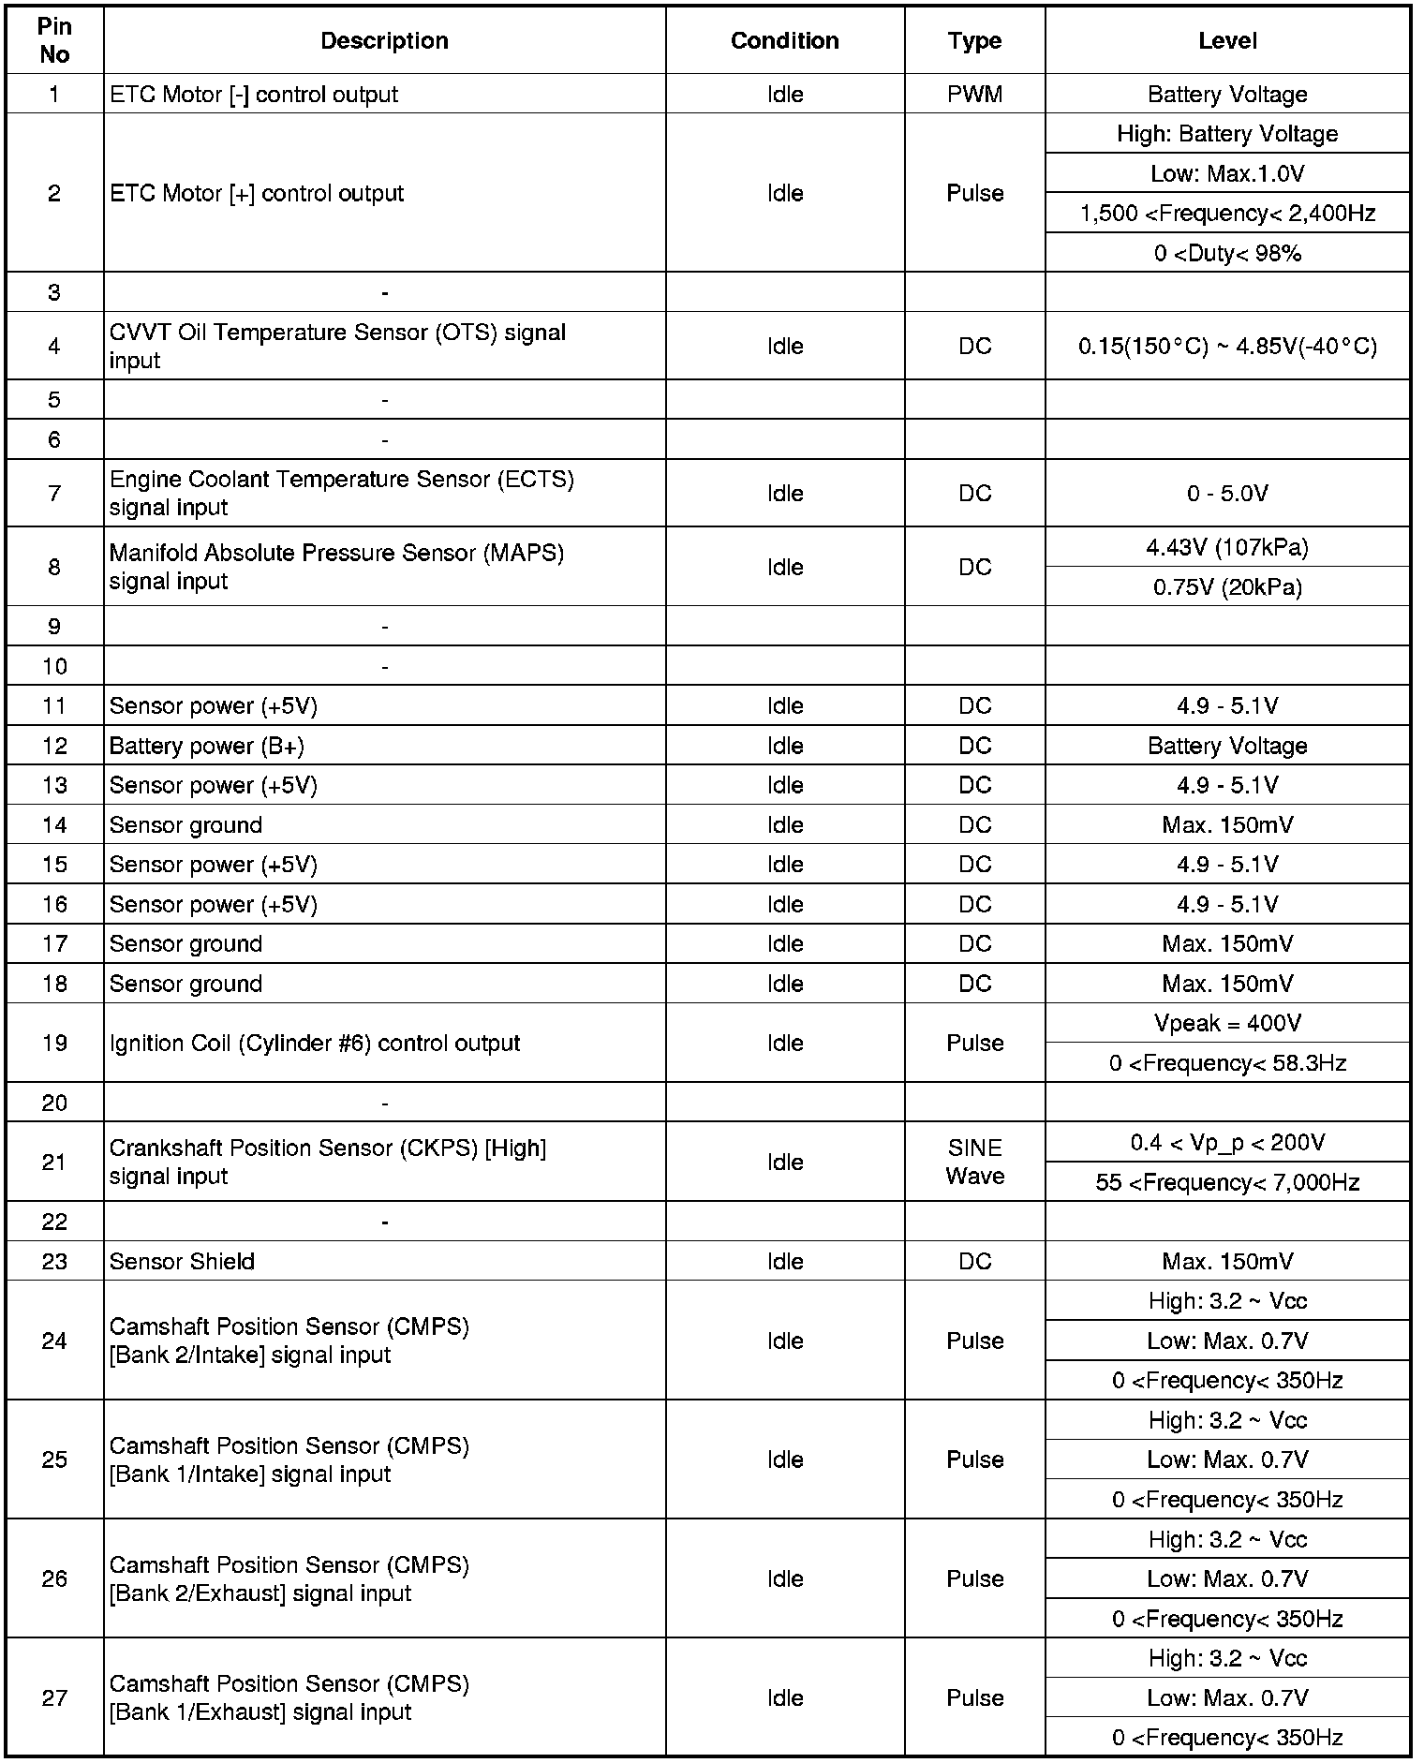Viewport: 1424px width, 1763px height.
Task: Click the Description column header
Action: tap(384, 41)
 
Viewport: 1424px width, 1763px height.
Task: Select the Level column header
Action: tap(1227, 41)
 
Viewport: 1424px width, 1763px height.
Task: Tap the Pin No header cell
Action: tap(54, 41)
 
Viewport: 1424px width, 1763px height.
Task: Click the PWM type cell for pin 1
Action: tap(974, 95)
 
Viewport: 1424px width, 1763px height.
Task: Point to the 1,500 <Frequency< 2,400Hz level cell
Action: tap(1227, 214)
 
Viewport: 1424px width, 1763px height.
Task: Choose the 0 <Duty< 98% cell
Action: tap(1227, 254)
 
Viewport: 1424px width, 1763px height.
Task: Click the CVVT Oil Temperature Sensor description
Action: tap(337, 347)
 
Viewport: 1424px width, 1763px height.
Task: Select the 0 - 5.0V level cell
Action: tap(1227, 494)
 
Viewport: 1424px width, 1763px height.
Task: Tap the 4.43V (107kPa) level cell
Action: tap(1227, 548)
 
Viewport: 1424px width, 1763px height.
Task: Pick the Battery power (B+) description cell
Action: tap(207, 747)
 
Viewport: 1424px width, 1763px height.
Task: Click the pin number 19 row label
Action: tap(54, 1044)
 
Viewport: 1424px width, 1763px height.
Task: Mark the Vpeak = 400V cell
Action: tap(1227, 1024)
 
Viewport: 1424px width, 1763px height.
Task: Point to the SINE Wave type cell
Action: tap(974, 1163)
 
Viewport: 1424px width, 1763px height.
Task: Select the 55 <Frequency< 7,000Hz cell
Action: tap(1227, 1183)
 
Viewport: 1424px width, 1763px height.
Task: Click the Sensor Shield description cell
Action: tap(182, 1262)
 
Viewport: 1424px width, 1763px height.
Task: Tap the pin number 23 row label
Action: tap(54, 1262)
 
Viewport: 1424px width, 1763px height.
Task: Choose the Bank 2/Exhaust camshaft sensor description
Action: tap(289, 1579)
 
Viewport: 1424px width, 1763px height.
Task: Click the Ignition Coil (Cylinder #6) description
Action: tap(315, 1044)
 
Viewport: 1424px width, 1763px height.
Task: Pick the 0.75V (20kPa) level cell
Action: tap(1227, 588)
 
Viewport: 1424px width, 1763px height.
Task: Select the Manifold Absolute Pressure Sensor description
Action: tap(336, 568)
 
